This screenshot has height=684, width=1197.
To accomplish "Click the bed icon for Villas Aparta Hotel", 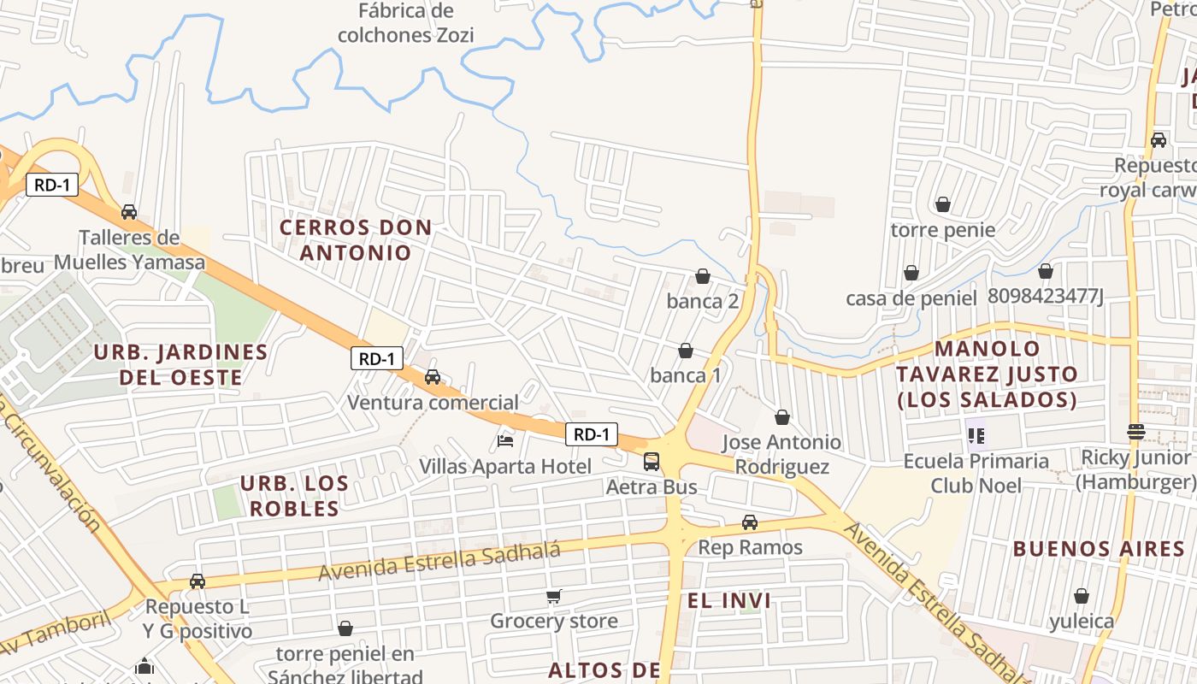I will (505, 441).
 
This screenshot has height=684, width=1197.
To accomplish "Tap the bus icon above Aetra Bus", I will (652, 462).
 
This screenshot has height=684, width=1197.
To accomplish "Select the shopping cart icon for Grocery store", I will (554, 596).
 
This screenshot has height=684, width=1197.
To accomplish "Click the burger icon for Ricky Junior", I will (1135, 432).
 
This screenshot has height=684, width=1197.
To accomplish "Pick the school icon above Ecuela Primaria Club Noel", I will (976, 436).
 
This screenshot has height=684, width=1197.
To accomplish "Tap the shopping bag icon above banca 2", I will (703, 276).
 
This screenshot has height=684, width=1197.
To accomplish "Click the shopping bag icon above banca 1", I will (686, 351).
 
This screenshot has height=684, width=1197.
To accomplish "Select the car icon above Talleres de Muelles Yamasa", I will (129, 211).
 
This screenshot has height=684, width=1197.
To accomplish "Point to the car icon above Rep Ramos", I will (750, 522).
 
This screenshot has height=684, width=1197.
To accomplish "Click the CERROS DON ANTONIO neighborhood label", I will (356, 240).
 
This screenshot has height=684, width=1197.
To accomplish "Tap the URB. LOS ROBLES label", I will (294, 496).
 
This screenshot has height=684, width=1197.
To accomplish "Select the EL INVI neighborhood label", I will (729, 600).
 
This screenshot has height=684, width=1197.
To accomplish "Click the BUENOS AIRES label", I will (1099, 549).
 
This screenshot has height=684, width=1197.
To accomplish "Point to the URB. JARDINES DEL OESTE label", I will (180, 364).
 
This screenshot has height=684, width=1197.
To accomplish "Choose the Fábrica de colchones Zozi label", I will (405, 23).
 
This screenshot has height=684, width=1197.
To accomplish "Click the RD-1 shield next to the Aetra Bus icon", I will (591, 434).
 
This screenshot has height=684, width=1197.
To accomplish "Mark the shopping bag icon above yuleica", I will (1082, 596).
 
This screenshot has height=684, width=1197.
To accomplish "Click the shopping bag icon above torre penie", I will (943, 204).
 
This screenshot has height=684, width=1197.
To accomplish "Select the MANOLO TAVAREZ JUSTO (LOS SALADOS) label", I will (987, 374).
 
